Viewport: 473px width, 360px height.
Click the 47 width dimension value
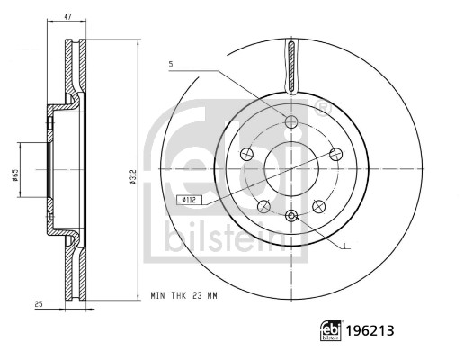click(67, 17)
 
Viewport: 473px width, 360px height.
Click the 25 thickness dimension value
click(39, 304)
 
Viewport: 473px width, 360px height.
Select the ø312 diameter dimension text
click(133, 176)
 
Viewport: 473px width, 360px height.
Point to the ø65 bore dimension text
click(15, 175)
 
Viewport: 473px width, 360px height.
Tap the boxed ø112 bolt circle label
click(189, 199)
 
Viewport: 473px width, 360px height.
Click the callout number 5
click(171, 64)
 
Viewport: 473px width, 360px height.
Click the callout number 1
click(345, 246)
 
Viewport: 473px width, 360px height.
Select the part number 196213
click(370, 330)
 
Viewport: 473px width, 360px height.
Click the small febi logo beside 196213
click(331, 330)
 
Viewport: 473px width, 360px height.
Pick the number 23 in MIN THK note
click(197, 296)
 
